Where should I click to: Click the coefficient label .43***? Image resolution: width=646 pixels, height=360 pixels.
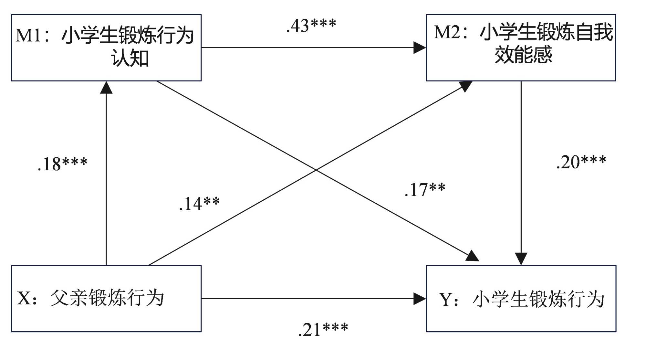click(x=311, y=26)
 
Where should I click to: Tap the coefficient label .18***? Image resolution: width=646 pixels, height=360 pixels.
click(x=62, y=164)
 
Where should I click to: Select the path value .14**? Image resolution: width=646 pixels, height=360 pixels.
click(x=199, y=204)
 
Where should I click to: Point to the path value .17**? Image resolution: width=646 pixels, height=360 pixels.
click(x=425, y=190)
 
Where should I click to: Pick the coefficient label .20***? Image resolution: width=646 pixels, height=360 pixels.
click(x=581, y=162)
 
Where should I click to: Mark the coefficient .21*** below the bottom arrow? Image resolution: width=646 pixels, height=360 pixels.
click(x=323, y=330)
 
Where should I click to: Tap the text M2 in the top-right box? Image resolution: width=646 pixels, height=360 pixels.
click(x=447, y=32)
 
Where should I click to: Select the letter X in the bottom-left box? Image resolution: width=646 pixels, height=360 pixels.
click(x=24, y=298)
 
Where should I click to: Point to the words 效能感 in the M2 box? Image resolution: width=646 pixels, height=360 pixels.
click(x=523, y=55)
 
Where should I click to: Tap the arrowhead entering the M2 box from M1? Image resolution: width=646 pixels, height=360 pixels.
click(x=420, y=48)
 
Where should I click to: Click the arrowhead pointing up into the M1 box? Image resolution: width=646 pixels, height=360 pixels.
click(x=106, y=88)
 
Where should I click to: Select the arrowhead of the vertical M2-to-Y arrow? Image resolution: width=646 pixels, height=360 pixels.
click(x=521, y=259)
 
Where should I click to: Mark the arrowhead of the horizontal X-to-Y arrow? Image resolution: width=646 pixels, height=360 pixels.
click(x=420, y=299)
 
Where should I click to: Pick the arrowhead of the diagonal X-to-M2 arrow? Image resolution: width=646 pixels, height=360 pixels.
click(x=466, y=86)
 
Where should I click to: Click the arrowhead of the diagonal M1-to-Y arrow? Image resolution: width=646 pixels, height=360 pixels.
click(x=472, y=256)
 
